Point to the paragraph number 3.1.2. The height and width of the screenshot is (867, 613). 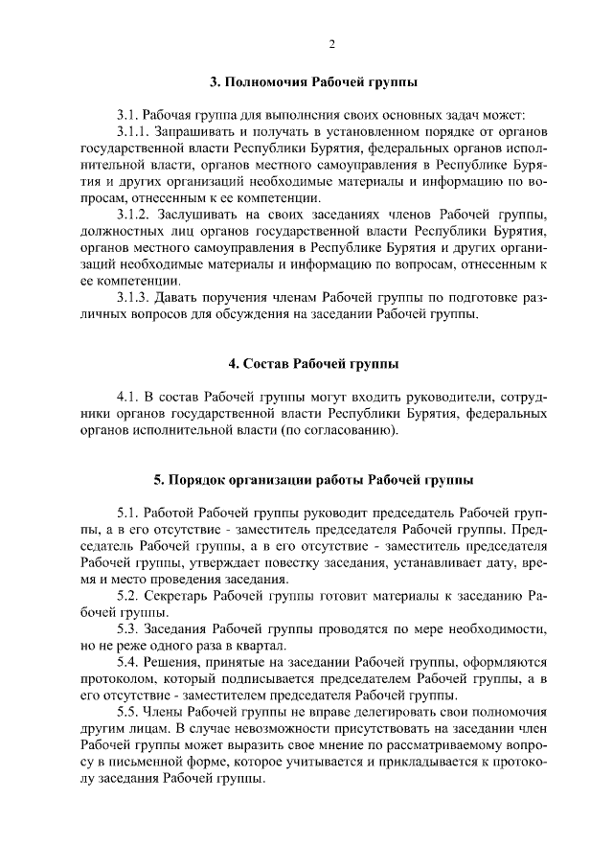click(135, 212)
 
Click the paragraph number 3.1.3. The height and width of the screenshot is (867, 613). click(135, 297)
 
